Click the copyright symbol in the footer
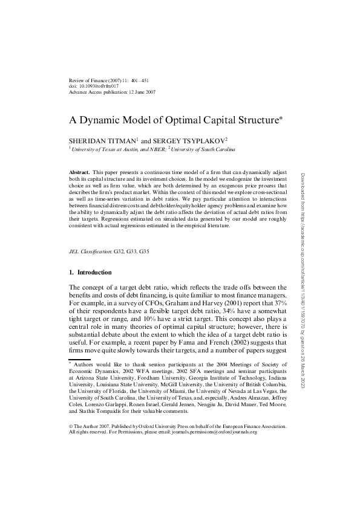click(71, 426)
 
